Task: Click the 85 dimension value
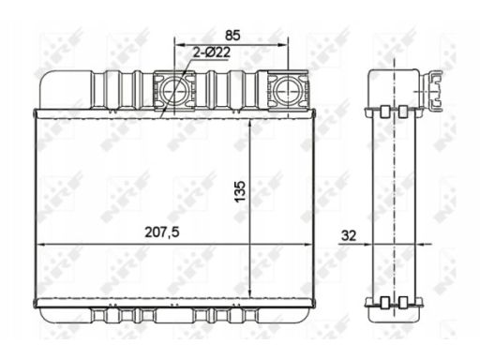point(233,35)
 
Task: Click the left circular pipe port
point(173,90)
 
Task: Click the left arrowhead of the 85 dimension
point(178,44)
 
